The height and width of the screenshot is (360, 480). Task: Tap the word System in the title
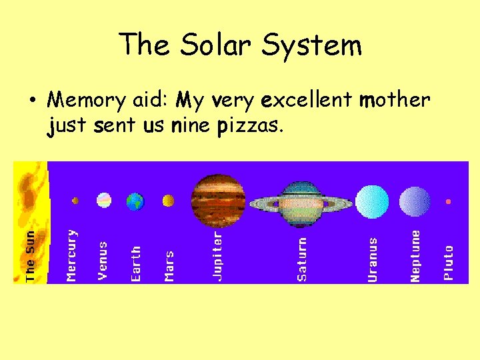(x=312, y=45)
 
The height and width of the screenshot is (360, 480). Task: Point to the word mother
(x=394, y=100)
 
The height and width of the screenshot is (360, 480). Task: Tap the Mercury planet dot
(x=75, y=200)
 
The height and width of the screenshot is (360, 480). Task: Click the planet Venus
(x=104, y=200)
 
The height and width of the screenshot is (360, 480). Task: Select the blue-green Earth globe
(x=135, y=201)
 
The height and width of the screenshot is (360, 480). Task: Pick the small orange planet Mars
(x=169, y=200)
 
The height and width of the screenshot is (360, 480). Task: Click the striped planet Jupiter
(x=218, y=199)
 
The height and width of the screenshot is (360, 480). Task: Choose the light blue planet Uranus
(x=372, y=201)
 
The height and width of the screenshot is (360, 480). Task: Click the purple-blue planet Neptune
(x=415, y=201)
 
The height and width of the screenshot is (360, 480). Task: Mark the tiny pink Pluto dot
(x=449, y=201)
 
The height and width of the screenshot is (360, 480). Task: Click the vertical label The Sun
(x=31, y=257)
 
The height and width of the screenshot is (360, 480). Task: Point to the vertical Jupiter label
(x=218, y=256)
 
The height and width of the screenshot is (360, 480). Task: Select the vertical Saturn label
(x=302, y=259)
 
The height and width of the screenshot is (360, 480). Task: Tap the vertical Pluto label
(x=449, y=263)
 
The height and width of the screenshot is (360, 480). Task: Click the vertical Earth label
(x=136, y=263)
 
